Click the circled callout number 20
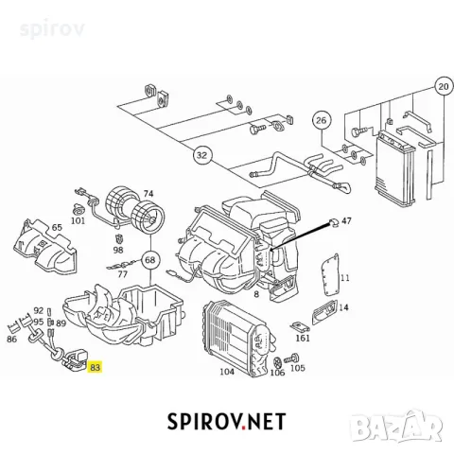pos(444,86)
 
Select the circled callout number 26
pos(321,120)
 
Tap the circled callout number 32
pos(201,155)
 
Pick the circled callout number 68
pos(149,260)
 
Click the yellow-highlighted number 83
pos(95,367)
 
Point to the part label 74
pos(148,194)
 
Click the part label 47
pos(346,220)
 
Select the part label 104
pos(227,372)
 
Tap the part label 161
pos(303,338)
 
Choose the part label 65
pos(57,227)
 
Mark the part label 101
pos(78,220)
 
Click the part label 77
pos(122,274)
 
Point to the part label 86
pos(11,340)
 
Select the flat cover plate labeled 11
pos(329,275)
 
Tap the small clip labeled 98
pos(119,238)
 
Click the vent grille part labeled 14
pos(324,311)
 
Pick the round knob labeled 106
pos(277,362)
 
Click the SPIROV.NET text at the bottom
pos(226,422)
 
